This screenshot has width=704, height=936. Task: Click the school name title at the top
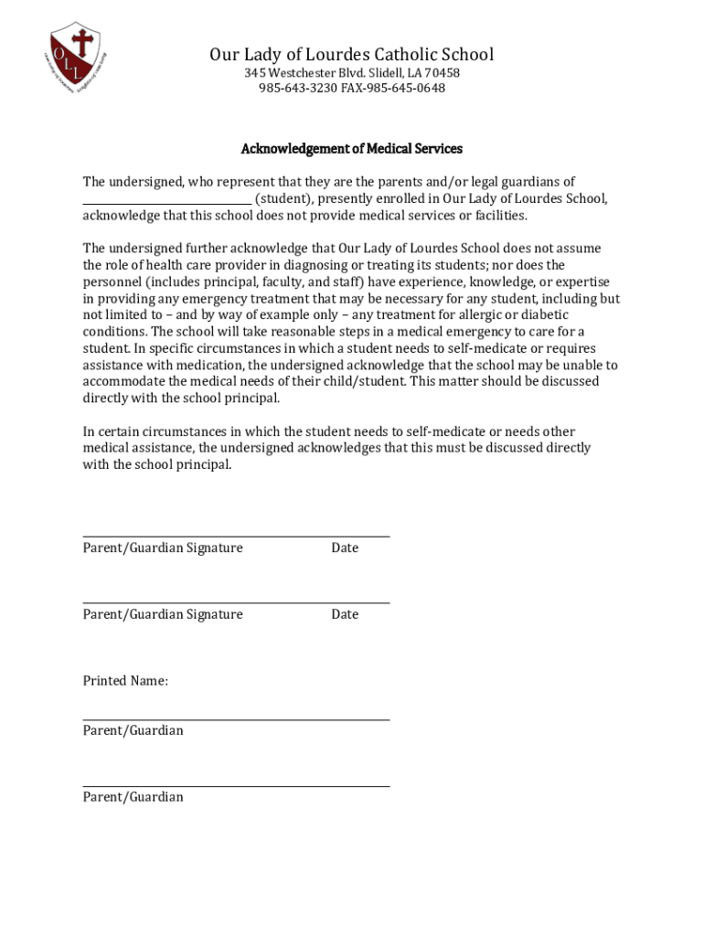click(351, 55)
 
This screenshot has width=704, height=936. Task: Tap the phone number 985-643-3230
click(298, 88)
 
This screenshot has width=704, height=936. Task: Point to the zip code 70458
click(441, 72)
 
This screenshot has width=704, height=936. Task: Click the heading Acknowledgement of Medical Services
click(351, 148)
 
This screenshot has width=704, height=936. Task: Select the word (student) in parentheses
click(283, 198)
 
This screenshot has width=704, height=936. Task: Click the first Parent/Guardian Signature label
click(163, 548)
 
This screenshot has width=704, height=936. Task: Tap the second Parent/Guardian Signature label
click(163, 614)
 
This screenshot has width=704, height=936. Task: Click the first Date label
click(345, 548)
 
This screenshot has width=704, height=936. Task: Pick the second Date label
click(345, 614)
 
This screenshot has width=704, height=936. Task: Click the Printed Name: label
click(125, 681)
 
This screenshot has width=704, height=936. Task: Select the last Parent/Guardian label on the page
click(133, 797)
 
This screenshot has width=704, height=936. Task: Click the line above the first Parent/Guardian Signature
click(236, 537)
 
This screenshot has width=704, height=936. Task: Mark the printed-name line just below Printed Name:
click(236, 720)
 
